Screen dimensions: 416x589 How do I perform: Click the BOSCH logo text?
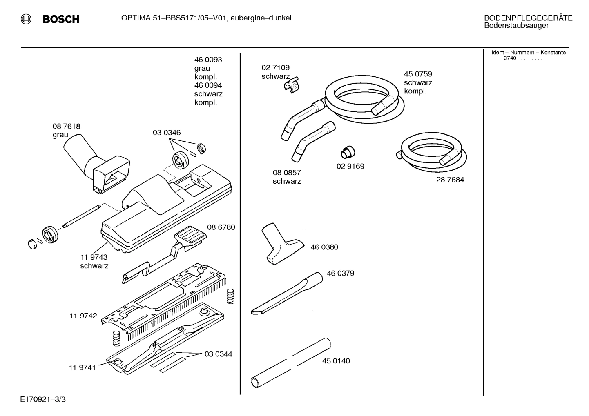click(x=60, y=19)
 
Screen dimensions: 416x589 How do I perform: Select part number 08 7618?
click(x=66, y=127)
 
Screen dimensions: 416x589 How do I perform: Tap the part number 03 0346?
click(x=167, y=133)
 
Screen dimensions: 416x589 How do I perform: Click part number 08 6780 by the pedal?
click(x=221, y=227)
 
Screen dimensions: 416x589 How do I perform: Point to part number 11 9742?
click(x=83, y=316)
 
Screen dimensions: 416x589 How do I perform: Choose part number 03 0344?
click(x=218, y=354)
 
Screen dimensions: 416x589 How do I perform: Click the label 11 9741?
click(x=82, y=367)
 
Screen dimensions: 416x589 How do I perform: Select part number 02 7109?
click(x=275, y=68)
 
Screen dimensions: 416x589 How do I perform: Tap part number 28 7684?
click(x=450, y=180)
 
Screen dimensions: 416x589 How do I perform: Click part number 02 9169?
click(x=350, y=167)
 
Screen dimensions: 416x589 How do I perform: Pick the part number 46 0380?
click(x=324, y=247)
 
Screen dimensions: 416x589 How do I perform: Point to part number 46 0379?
click(x=340, y=274)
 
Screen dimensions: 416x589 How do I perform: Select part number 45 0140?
click(x=336, y=361)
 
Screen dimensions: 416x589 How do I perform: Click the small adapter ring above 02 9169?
click(x=348, y=152)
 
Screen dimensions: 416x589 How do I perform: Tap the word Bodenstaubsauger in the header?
click(x=516, y=26)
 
